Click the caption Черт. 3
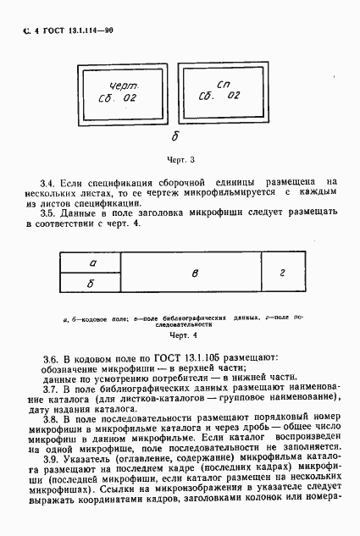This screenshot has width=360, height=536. (180, 159)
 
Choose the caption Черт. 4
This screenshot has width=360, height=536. (180, 334)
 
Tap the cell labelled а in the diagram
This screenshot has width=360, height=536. (92, 263)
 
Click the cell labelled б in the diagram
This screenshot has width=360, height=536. (92, 283)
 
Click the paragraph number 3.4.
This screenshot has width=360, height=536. (47, 181)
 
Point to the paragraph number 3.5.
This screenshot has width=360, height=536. (47, 215)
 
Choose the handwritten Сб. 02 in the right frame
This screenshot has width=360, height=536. (219, 99)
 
